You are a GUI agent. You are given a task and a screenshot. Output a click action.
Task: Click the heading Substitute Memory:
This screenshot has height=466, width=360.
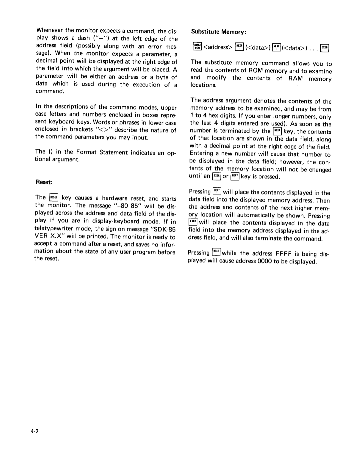[218, 32]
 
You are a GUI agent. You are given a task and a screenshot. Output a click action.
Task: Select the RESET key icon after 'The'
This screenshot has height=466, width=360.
[54, 197]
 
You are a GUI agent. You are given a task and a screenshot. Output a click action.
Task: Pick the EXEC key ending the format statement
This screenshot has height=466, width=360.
[325, 48]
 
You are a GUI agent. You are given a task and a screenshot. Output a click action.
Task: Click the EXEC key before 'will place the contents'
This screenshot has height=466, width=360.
[193, 222]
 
